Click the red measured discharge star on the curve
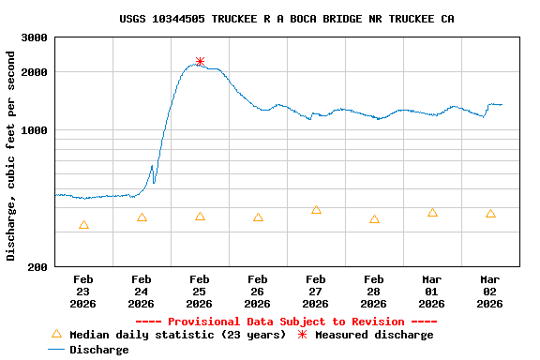[200, 62]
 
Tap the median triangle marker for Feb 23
[83, 225]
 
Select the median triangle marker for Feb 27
[316, 210]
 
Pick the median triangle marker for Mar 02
[490, 214]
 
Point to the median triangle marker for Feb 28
[374, 219]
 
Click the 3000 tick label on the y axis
[35, 37]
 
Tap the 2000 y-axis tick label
[35, 72]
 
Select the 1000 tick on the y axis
[35, 130]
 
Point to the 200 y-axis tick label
[38, 267]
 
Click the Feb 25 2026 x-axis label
[199, 292]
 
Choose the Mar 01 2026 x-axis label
[431, 292]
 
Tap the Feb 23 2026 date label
[82, 292]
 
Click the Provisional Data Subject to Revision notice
[286, 322]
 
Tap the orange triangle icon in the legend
[56, 334]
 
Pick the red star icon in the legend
[302, 335]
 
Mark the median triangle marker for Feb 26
[258, 217]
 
